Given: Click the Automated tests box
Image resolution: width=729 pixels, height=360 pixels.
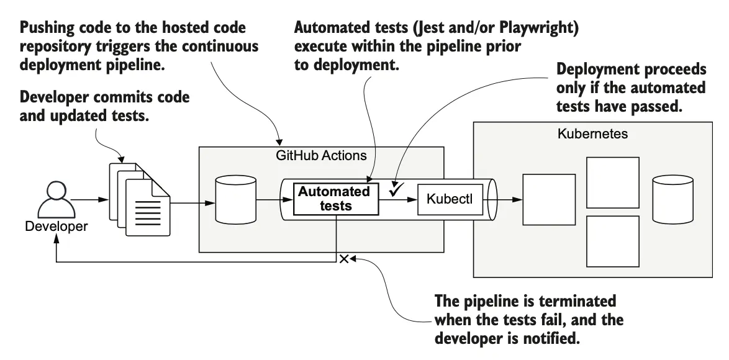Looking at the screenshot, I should tap(333, 199).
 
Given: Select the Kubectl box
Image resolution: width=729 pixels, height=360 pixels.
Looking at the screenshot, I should tap(450, 200).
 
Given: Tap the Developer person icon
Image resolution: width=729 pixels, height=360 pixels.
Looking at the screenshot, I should tap(56, 197).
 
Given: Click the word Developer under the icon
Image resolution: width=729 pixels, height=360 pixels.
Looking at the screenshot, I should tap(57, 227).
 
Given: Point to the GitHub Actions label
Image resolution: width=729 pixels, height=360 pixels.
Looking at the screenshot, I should tap(321, 156).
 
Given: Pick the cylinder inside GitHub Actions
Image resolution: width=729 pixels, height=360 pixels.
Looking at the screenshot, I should tap(235, 199).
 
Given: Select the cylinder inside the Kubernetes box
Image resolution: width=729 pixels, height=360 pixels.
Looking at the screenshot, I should tap(673, 199).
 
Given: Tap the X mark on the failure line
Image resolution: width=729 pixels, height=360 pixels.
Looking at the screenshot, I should tap(343, 258).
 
